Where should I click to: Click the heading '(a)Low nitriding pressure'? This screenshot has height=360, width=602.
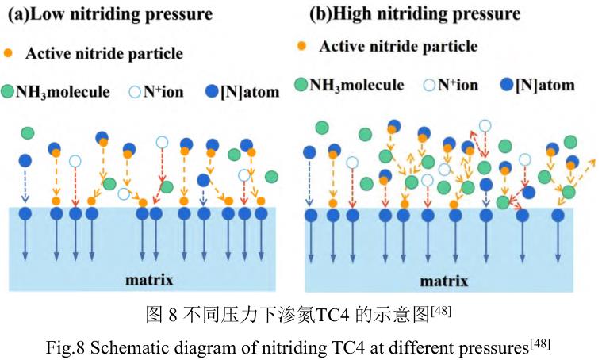[110, 14]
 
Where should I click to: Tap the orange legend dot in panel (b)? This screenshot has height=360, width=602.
[301, 45]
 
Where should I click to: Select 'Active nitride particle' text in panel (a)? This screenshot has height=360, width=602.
[104, 54]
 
